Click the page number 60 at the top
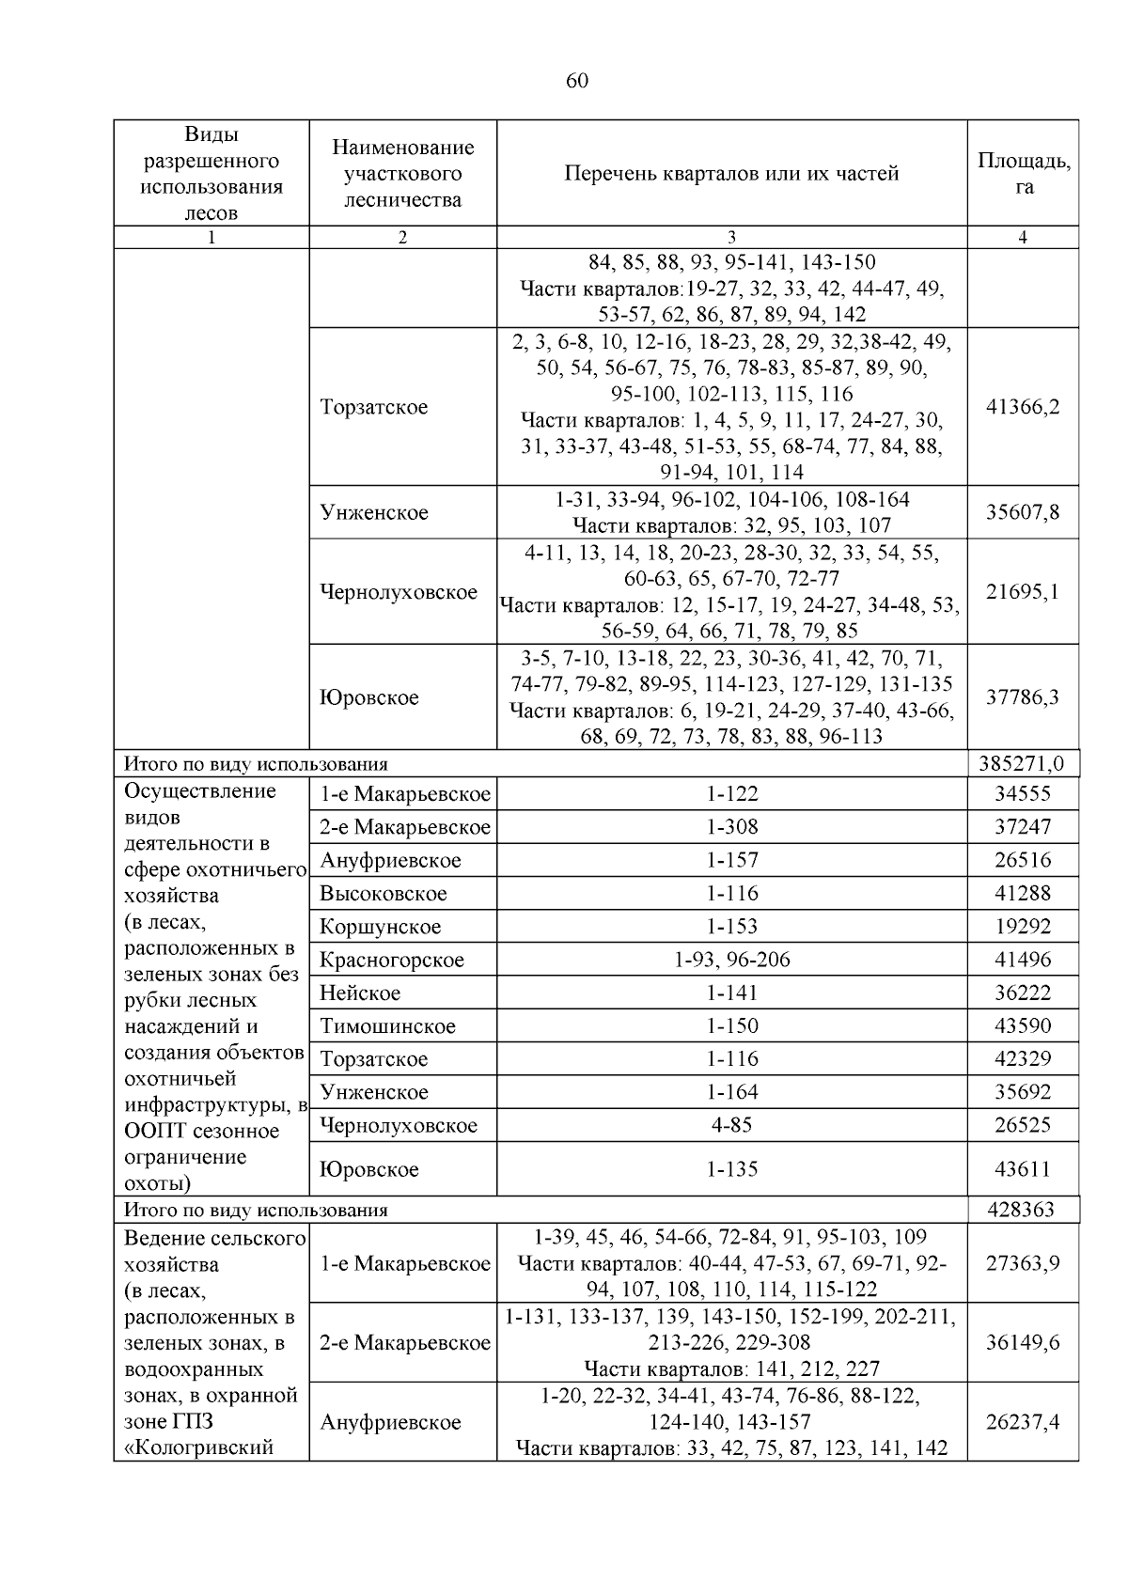pyautogui.click(x=577, y=82)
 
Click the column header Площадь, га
pyautogui.click(x=1023, y=173)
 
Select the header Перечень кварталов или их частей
pyautogui.click(x=731, y=174)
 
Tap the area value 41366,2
pyautogui.click(x=1023, y=407)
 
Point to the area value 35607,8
pyautogui.click(x=1023, y=512)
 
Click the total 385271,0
pyautogui.click(x=1022, y=764)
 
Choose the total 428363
pyautogui.click(x=1022, y=1210)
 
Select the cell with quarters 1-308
pyautogui.click(x=731, y=827)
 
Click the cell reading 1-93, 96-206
pyautogui.click(x=731, y=960)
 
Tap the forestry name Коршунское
pyautogui.click(x=380, y=927)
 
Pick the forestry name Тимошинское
pyautogui.click(x=387, y=1026)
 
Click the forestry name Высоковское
pyautogui.click(x=383, y=894)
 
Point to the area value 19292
pyautogui.click(x=1023, y=927)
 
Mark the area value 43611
pyautogui.click(x=1023, y=1169)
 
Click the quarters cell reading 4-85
pyautogui.click(x=731, y=1125)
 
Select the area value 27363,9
pyautogui.click(x=1023, y=1263)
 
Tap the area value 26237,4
pyautogui.click(x=1023, y=1422)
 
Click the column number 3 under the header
pyautogui.click(x=731, y=238)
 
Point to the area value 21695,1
pyautogui.click(x=1023, y=592)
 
